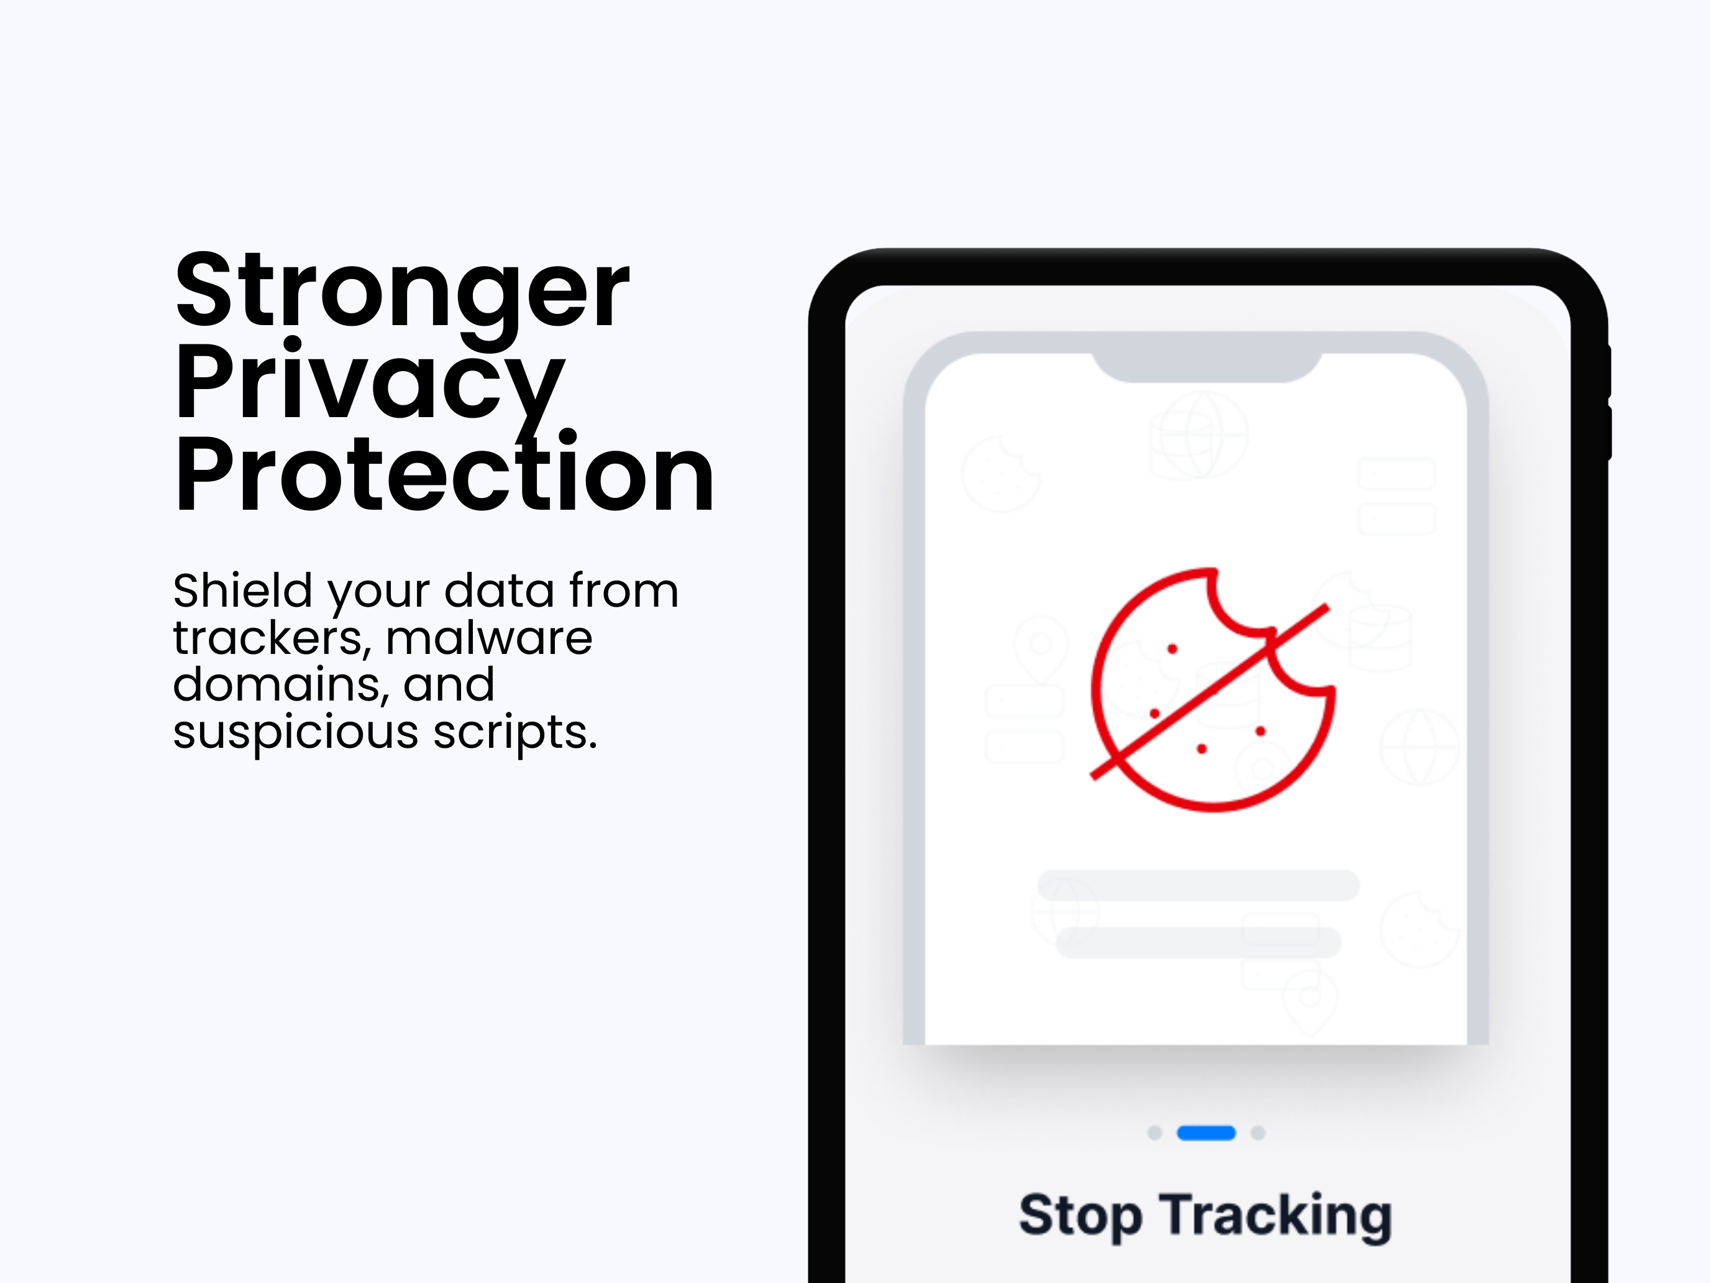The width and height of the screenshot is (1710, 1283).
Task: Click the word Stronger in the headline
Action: click(402, 292)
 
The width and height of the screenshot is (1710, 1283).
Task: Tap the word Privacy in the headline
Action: click(370, 383)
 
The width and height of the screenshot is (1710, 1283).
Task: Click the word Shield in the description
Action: click(243, 591)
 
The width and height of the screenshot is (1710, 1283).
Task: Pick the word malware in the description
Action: click(488, 639)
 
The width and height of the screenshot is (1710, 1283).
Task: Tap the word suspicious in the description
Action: click(295, 732)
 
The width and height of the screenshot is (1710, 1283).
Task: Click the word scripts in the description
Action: click(515, 732)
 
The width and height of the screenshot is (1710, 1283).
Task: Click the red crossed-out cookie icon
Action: click(1212, 690)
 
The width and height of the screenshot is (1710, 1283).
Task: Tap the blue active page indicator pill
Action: click(1206, 1133)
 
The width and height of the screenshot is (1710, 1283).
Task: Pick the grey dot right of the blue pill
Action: click(1258, 1133)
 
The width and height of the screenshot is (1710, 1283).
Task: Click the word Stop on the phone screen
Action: click(1080, 1216)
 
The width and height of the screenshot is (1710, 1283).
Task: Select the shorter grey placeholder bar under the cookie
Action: click(1198, 942)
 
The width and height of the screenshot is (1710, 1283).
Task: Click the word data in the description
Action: click(498, 591)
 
